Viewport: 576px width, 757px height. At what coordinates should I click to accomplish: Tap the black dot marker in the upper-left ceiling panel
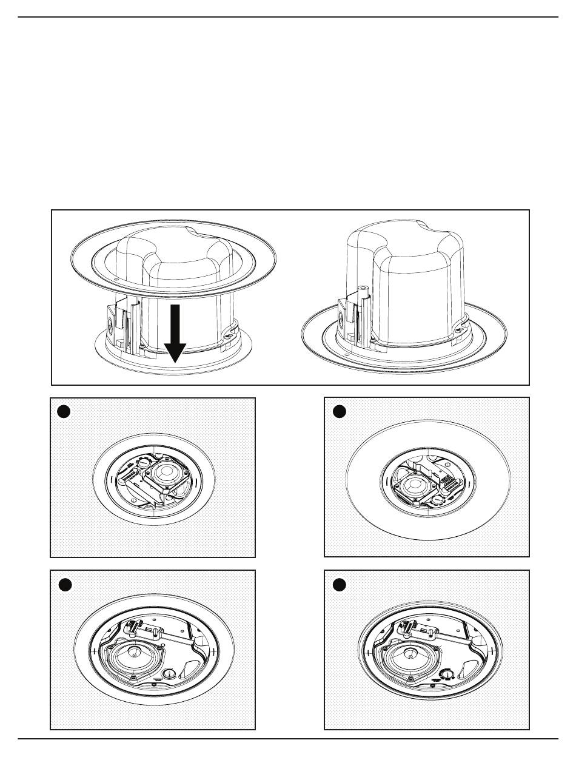click(63, 411)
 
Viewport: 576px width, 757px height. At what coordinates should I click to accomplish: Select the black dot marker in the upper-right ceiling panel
click(339, 411)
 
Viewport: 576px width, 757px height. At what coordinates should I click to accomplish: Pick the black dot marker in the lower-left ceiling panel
click(65, 584)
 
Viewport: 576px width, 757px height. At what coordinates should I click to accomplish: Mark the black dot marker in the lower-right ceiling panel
click(339, 584)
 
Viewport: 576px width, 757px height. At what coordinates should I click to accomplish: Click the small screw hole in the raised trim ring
click(115, 280)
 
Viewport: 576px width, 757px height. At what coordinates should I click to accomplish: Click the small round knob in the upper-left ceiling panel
click(144, 460)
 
